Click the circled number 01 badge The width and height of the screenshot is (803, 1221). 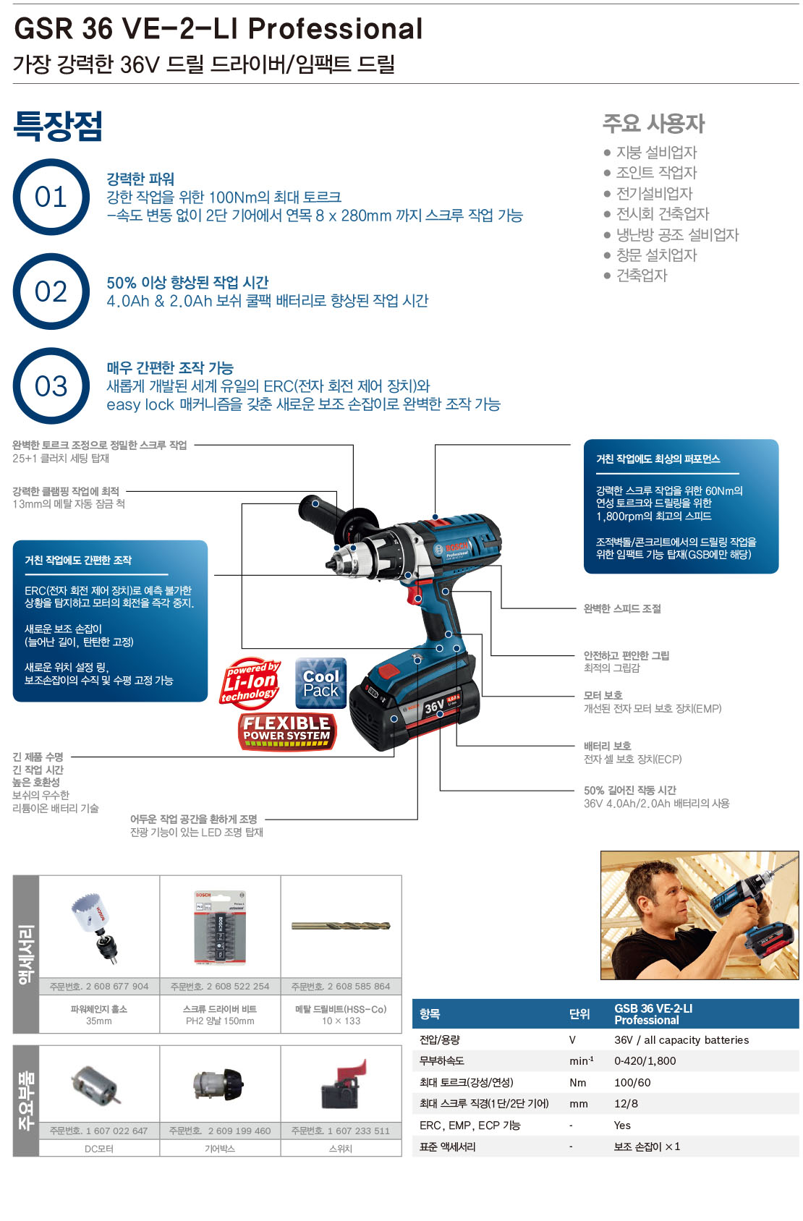(x=51, y=197)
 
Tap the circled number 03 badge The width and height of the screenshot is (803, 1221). (x=51, y=386)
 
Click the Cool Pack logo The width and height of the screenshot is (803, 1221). (x=320, y=683)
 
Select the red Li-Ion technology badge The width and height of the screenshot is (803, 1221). (x=250, y=684)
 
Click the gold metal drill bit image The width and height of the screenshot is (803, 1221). (x=341, y=926)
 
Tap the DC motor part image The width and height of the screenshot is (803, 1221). (x=96, y=1085)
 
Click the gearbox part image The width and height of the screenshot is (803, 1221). (x=218, y=1085)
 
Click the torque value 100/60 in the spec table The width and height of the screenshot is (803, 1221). (x=632, y=1083)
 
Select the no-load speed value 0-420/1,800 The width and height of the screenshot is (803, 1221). (x=645, y=1060)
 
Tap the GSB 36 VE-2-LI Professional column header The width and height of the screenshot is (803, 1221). (x=653, y=1014)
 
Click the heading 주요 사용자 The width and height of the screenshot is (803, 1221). (x=653, y=123)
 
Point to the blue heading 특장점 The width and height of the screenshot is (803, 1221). (x=58, y=126)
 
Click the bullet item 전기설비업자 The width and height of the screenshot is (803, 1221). (x=654, y=194)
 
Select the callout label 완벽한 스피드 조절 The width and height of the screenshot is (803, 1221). (x=622, y=608)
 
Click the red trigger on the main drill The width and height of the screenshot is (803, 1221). (x=415, y=593)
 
